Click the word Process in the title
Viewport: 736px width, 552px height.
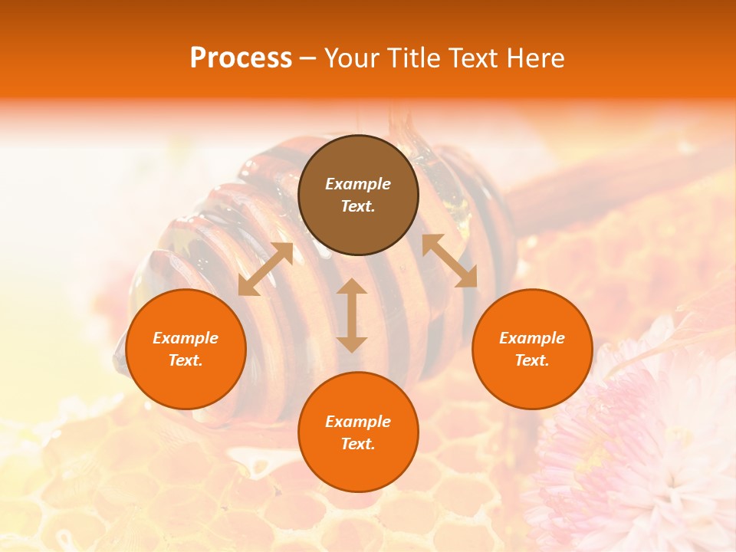(x=241, y=58)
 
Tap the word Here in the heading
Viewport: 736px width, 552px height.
(x=534, y=58)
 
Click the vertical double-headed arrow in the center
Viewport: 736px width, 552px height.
(x=352, y=315)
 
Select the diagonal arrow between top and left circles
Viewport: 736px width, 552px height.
(x=265, y=269)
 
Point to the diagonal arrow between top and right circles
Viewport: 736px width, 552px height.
(x=449, y=261)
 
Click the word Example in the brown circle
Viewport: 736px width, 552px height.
(x=358, y=184)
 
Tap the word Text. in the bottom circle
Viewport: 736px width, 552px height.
(x=358, y=444)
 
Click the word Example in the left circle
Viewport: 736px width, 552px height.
(x=186, y=338)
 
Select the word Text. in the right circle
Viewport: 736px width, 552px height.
(x=532, y=360)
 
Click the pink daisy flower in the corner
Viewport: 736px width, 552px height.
(x=636, y=452)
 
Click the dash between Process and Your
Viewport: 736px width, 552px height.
(x=307, y=59)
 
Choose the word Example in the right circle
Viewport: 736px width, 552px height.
(x=532, y=338)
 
